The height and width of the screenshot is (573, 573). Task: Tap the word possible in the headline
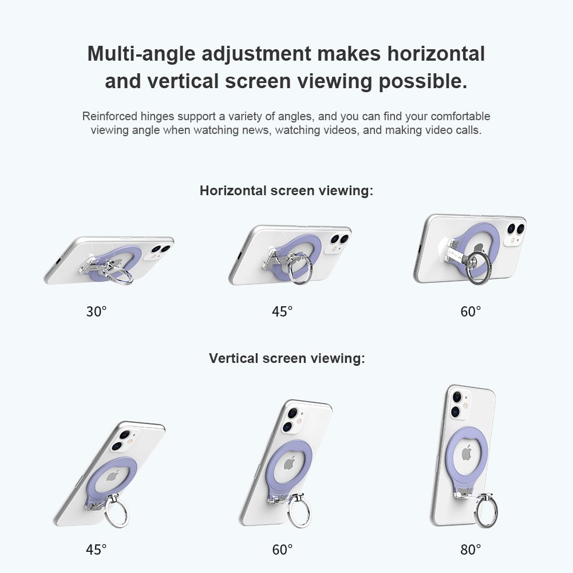coord(423,81)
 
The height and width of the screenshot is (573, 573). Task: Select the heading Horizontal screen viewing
coord(286,191)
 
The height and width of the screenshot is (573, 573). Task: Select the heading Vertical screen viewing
coord(287,358)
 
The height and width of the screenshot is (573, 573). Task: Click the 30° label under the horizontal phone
coord(97,311)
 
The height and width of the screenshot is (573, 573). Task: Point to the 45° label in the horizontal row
coord(282,311)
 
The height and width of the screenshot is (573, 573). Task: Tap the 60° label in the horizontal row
coord(471,311)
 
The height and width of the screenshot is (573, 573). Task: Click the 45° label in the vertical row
coord(97,550)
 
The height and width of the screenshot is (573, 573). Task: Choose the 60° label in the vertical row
coord(282,550)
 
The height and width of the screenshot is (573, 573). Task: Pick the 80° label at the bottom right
coord(471,550)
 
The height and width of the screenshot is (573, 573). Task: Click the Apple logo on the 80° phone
coord(467,453)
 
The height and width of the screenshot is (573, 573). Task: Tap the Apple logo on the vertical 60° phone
coord(290,463)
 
